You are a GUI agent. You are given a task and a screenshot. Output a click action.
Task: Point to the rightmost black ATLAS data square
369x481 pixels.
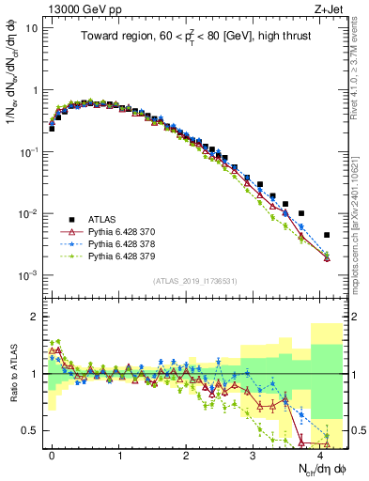(327, 235)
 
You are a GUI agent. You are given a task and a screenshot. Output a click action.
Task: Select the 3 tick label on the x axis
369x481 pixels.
(253, 454)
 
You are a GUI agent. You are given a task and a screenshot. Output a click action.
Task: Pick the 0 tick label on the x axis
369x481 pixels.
(52, 454)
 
